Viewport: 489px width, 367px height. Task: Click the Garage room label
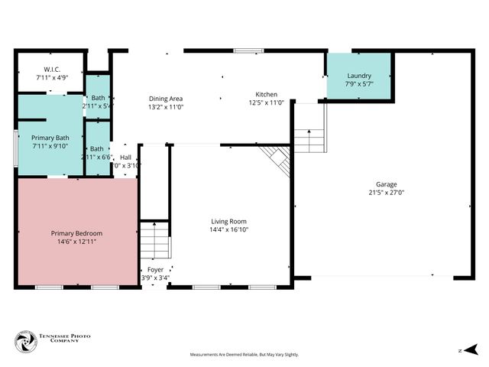pos(385,184)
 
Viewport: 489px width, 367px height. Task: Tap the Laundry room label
pos(358,76)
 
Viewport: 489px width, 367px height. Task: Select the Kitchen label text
pos(265,94)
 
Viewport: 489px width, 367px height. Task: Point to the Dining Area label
pos(165,99)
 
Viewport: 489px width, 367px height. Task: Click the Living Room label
pos(229,221)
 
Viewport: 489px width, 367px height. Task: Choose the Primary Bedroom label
pos(76,233)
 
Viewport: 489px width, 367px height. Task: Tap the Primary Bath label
pos(50,138)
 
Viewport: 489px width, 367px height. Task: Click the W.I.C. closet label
pos(52,69)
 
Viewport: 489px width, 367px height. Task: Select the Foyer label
pos(155,270)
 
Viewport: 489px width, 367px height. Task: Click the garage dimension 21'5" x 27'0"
pos(385,193)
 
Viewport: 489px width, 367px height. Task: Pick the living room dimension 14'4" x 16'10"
pos(229,229)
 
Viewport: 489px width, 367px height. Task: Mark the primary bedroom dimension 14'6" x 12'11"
pos(76,242)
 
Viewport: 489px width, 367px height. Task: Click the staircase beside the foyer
pos(154,240)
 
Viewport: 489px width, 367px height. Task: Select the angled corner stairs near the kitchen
pos(277,159)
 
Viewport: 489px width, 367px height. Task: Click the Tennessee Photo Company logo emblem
pos(26,341)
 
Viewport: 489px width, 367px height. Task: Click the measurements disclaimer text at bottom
pos(244,355)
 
